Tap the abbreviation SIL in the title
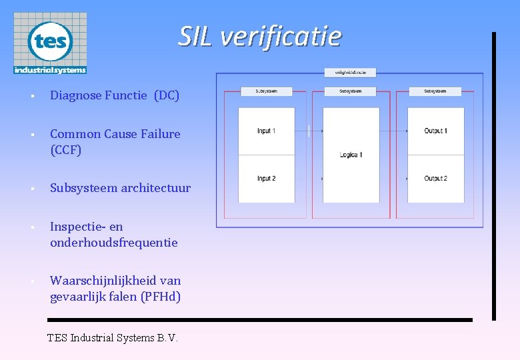196,36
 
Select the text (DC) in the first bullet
167,95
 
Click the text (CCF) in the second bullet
65,150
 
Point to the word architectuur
155,188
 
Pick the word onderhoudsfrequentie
114,243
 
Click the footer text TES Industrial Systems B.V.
113,338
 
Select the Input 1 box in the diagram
266,131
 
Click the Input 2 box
266,179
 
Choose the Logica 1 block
351,155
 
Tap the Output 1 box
435,131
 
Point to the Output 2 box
435,179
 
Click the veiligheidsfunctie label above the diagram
350,72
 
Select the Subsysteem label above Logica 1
350,91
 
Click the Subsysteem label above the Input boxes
266,91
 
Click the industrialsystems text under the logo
50,69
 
